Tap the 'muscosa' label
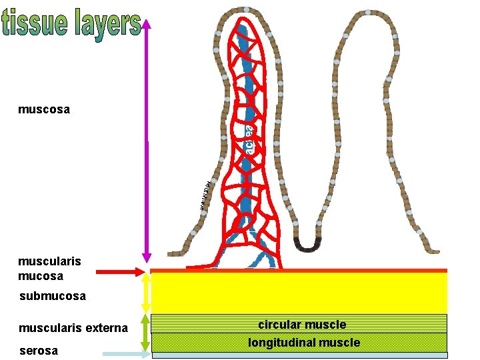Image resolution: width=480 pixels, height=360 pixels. [44, 109]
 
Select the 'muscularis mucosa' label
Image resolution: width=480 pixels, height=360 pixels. [41, 269]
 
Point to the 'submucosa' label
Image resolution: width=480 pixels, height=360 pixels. [53, 295]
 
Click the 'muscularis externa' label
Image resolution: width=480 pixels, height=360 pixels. [73, 327]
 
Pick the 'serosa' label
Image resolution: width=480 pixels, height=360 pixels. [39, 351]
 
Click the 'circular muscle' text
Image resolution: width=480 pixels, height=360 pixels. [302, 325]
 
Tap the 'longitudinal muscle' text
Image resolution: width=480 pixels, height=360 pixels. [303, 343]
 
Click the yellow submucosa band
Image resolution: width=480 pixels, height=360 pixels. [300, 293]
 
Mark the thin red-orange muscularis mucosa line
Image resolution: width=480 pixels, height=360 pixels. [300, 271]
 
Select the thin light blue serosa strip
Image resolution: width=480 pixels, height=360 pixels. [300, 355]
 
